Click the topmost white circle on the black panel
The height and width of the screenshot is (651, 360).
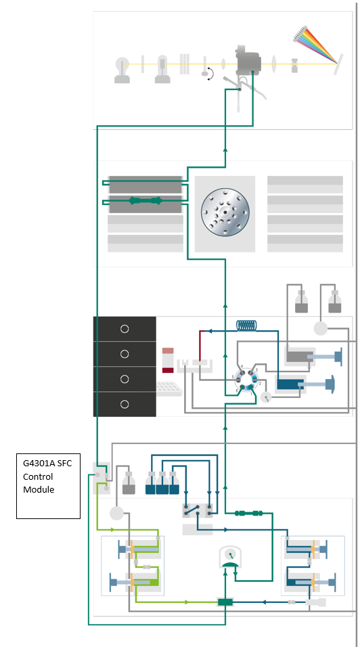pyautogui.click(x=124, y=329)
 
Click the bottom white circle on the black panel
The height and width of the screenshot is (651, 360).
pyautogui.click(x=124, y=404)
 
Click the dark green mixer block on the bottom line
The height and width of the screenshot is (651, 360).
pyautogui.click(x=225, y=602)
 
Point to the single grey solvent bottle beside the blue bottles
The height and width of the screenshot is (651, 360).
pyautogui.click(x=129, y=483)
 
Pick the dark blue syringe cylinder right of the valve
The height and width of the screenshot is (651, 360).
pyautogui.click(x=292, y=384)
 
